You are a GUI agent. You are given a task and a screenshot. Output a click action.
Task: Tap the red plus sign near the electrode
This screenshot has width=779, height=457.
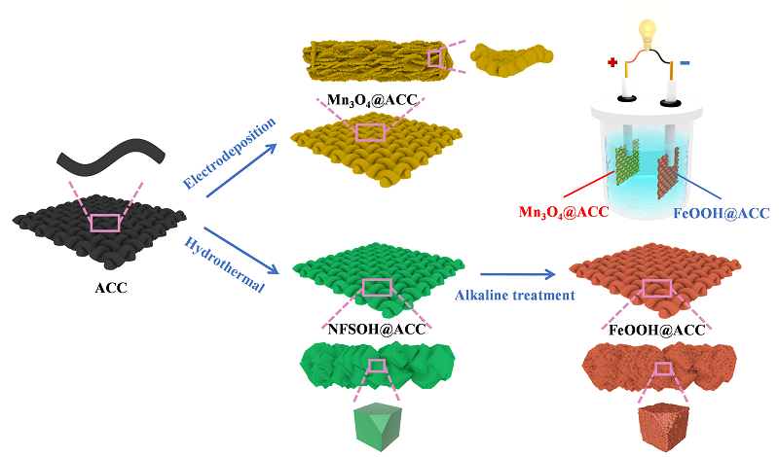coord(612,63)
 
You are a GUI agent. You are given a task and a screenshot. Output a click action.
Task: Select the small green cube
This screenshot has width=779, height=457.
coord(377,426)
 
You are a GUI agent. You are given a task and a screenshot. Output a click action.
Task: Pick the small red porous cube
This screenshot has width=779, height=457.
coord(663,426)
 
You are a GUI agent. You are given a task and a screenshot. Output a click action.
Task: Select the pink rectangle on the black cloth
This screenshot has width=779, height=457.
coord(105,223)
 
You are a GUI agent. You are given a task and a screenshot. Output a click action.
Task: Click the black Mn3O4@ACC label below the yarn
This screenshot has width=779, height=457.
coord(368,99)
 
